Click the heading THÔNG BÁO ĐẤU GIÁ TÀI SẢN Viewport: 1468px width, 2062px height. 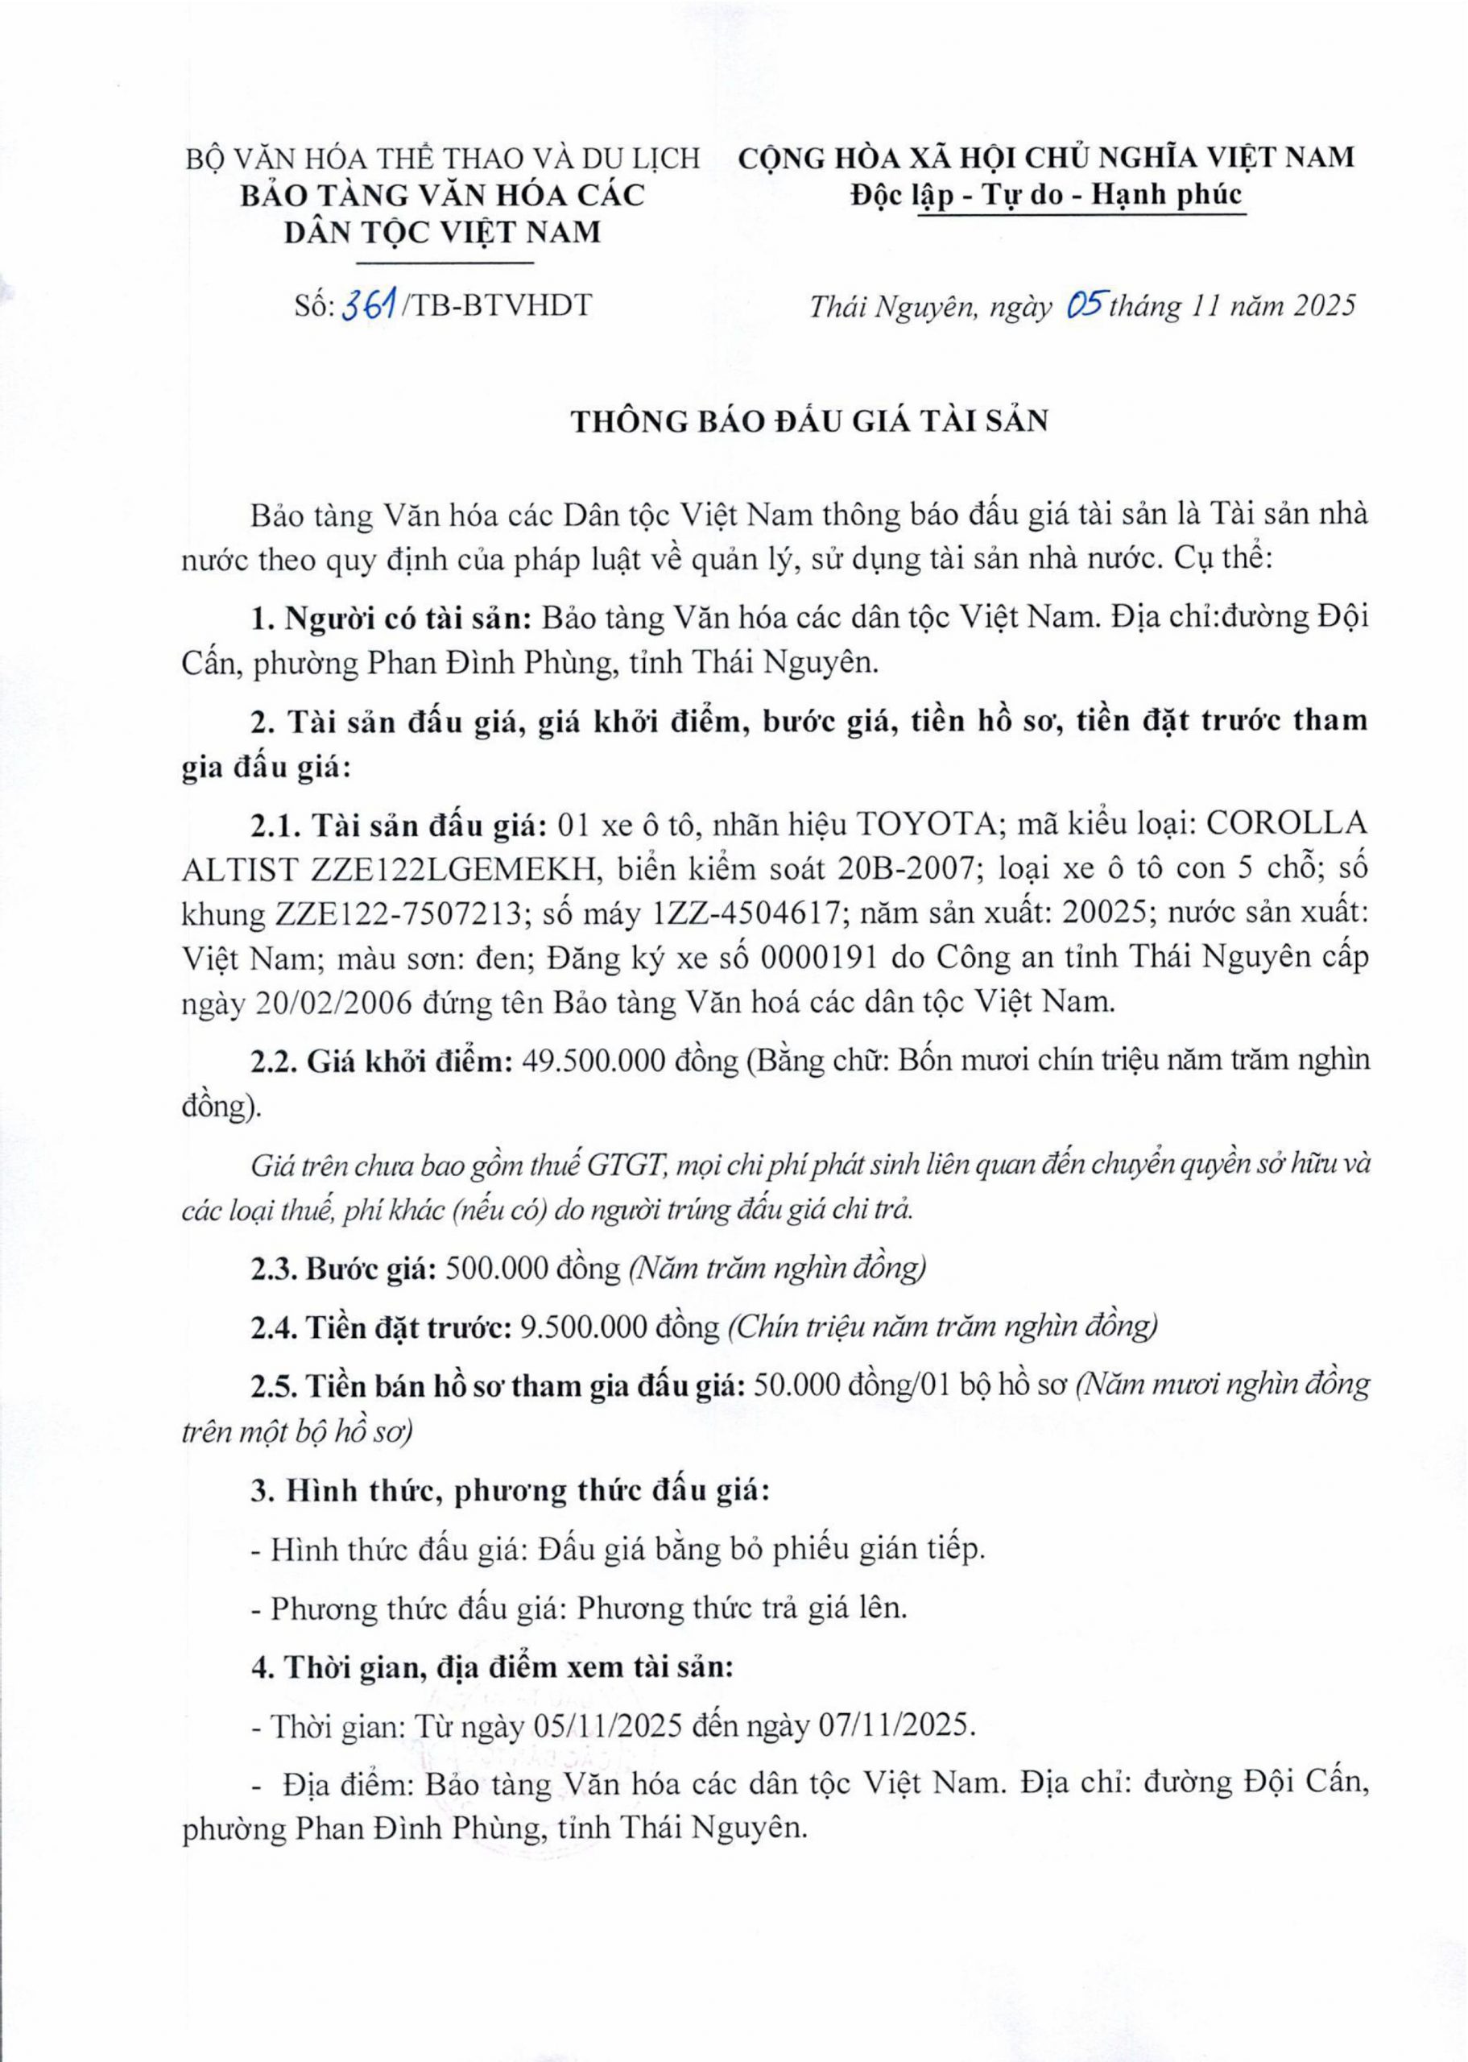point(809,421)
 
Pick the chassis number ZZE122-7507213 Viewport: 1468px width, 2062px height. point(397,914)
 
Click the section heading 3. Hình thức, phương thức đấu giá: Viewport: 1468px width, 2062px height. point(510,1491)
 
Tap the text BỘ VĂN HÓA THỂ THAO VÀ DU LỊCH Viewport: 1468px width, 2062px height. point(442,158)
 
